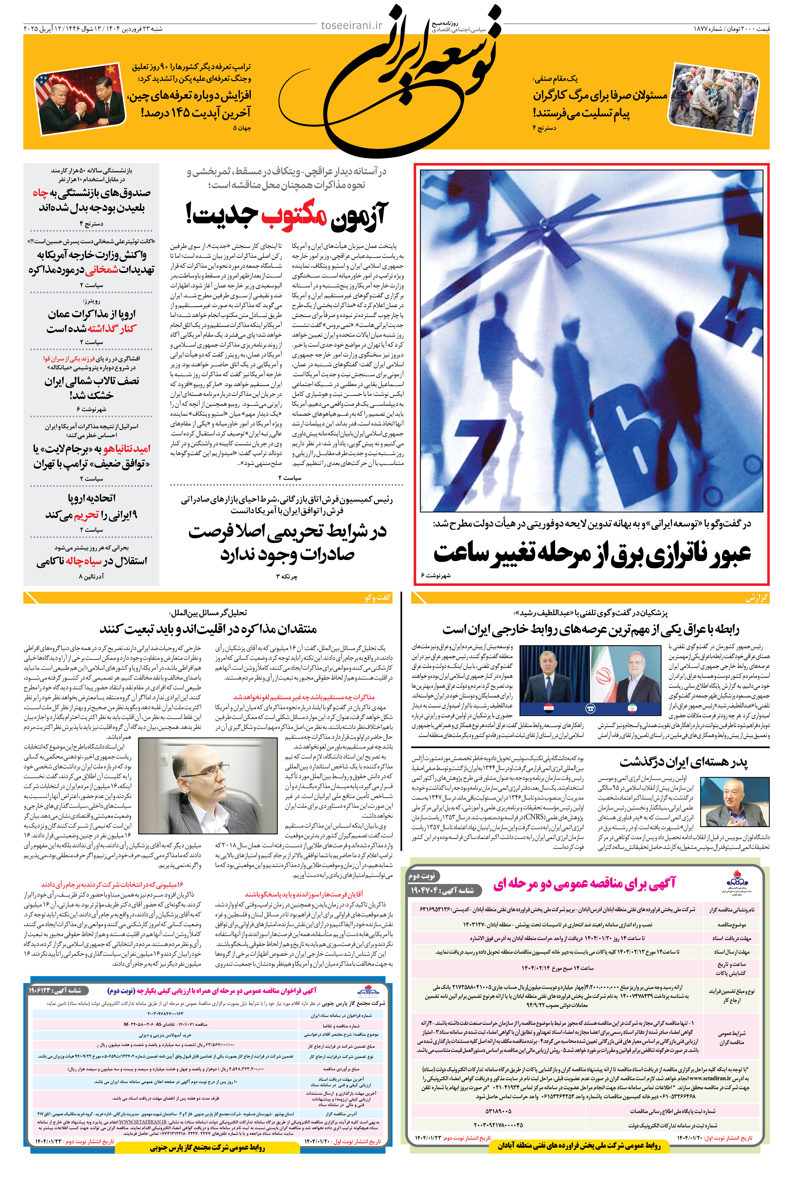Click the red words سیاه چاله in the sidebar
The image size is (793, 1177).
click(86, 561)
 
